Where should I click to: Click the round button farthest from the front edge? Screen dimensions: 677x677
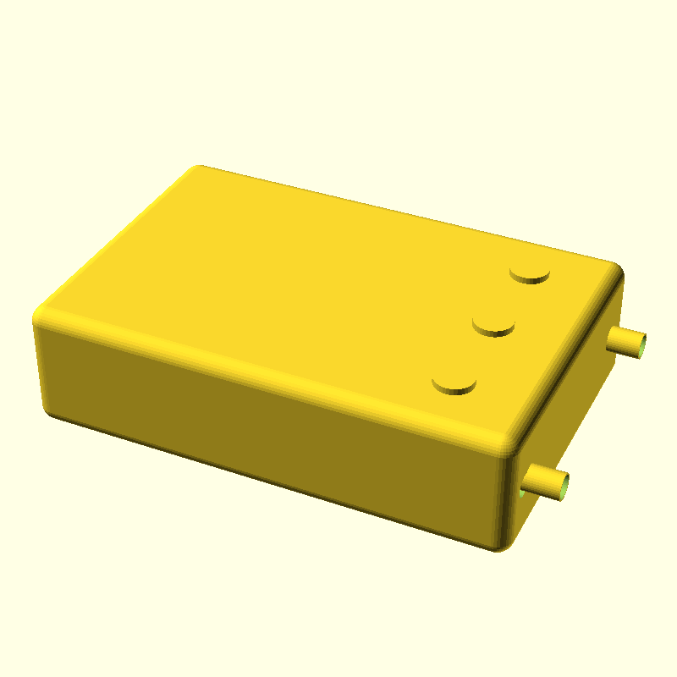tap(531, 272)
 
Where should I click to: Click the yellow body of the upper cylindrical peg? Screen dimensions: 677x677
tap(625, 341)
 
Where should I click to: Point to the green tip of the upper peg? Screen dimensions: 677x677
tap(646, 346)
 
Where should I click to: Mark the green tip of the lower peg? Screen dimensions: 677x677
tap(564, 487)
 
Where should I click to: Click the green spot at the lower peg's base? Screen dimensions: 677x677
tap(520, 490)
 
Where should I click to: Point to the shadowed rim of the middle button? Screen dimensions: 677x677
tap(493, 332)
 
